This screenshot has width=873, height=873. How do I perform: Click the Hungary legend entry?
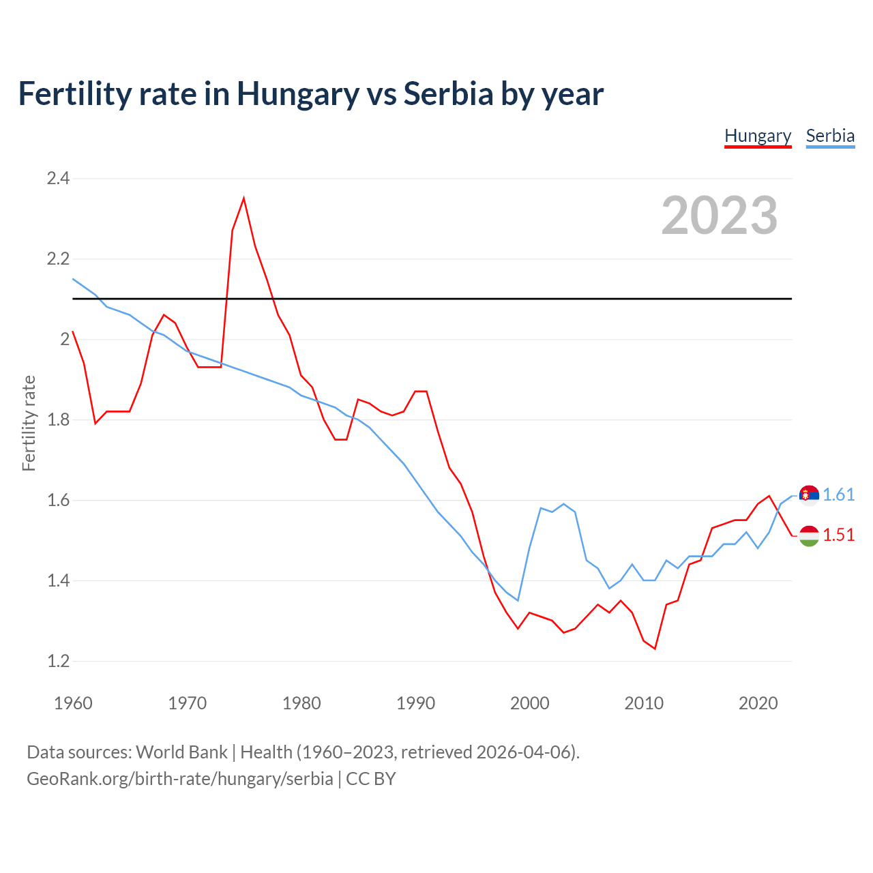point(758,136)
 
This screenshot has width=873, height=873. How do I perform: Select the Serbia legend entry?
point(830,136)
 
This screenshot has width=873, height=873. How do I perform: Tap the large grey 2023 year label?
point(720,216)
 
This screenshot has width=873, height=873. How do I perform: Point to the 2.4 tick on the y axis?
point(58,179)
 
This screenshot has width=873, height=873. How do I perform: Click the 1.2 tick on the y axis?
point(58,661)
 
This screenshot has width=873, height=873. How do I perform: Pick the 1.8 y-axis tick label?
point(58,419)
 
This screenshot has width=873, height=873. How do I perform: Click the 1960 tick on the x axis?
point(73,703)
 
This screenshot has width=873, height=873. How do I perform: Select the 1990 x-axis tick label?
point(415,703)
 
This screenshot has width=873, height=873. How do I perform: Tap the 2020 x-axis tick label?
point(758,703)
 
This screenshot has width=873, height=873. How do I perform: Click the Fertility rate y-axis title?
point(29,423)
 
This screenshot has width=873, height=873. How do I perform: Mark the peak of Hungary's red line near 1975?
point(243,198)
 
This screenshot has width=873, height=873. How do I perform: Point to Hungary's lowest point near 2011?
point(655,649)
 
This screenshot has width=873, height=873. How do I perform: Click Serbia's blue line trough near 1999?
point(518,600)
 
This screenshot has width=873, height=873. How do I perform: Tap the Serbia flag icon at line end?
point(809,495)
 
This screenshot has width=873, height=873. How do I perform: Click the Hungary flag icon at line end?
point(809,536)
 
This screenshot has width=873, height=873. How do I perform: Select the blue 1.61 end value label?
point(839,495)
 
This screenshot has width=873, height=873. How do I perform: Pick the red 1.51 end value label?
point(839,535)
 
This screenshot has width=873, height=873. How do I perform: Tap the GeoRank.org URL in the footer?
point(180,779)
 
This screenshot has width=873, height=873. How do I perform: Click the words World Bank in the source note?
point(181,752)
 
